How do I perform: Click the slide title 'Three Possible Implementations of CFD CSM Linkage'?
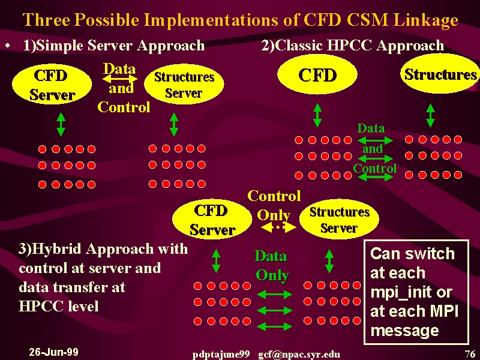(241, 20)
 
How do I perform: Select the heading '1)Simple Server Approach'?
(114, 46)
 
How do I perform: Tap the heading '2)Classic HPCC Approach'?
(353, 46)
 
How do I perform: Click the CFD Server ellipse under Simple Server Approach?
(52, 84)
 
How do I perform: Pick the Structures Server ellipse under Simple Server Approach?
(184, 84)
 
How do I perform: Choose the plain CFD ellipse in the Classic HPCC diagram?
(317, 74)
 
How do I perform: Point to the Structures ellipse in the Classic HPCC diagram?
(440, 74)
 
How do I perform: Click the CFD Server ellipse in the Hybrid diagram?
(212, 220)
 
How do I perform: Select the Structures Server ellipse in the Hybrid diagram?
(339, 220)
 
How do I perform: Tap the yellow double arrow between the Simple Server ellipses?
(119, 79)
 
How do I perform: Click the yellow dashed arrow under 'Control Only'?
(278, 227)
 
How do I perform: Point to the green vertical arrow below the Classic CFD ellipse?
(317, 115)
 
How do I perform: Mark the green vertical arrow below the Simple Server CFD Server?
(61, 124)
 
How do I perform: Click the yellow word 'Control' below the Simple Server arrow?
(124, 107)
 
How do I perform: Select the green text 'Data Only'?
(272, 266)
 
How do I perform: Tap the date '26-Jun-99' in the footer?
(53, 352)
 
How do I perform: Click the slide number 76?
(470, 354)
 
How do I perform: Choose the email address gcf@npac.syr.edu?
(299, 355)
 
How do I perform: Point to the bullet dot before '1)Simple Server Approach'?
(8, 46)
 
